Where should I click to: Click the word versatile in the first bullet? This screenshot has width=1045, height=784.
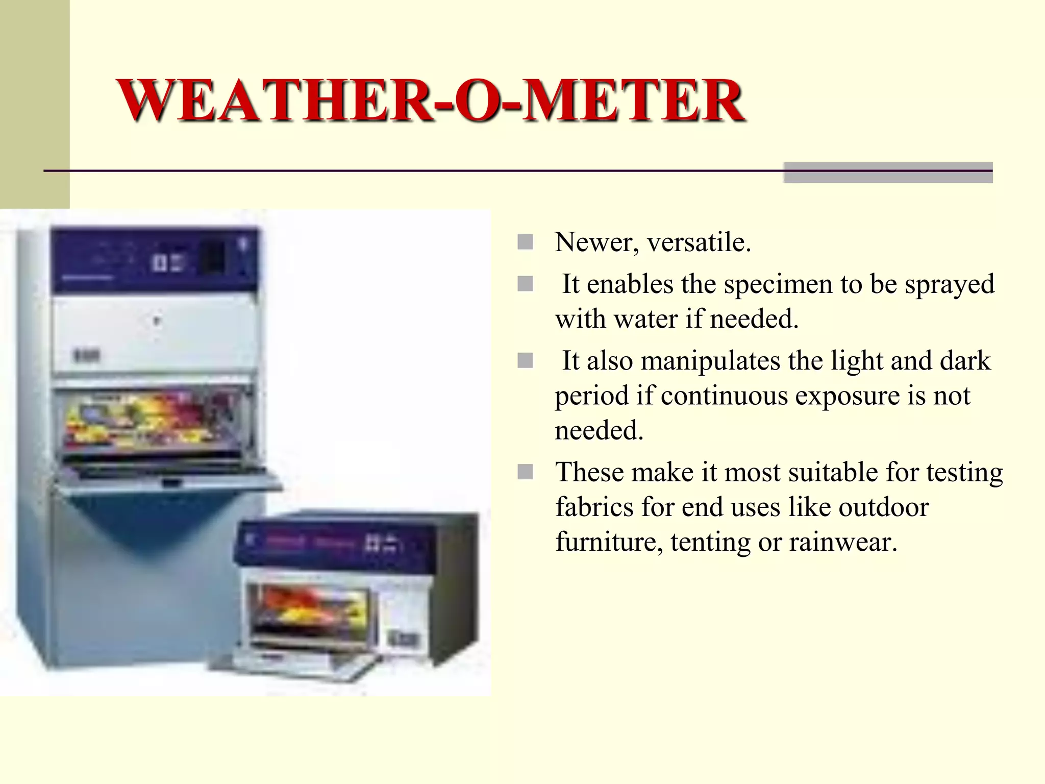(x=699, y=242)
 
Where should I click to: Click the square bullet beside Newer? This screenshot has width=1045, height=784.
(x=525, y=242)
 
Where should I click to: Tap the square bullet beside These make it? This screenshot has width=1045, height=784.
(x=525, y=472)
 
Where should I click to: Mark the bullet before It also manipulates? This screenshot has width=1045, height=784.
(x=525, y=361)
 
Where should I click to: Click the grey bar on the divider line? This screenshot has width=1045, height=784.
(x=888, y=173)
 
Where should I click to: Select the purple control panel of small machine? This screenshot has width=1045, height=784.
(x=334, y=544)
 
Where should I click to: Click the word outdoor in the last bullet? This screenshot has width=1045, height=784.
(x=884, y=507)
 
